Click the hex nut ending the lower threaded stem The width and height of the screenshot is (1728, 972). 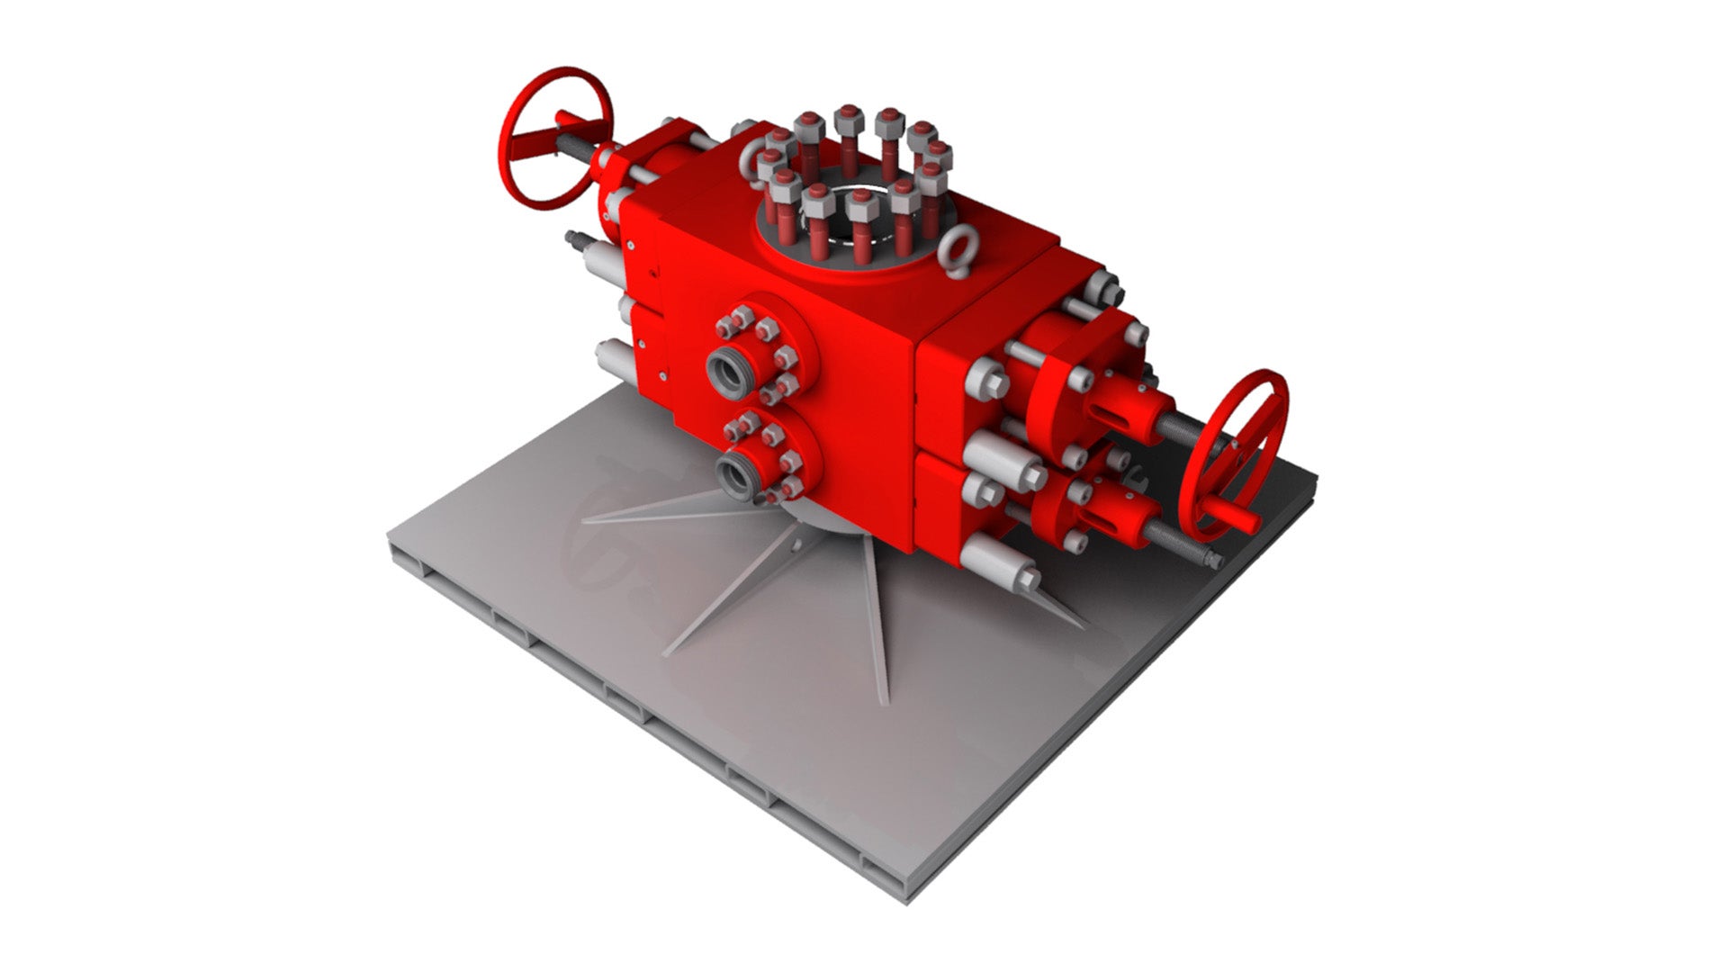click(x=1214, y=558)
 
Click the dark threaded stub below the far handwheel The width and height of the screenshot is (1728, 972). click(x=576, y=240)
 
